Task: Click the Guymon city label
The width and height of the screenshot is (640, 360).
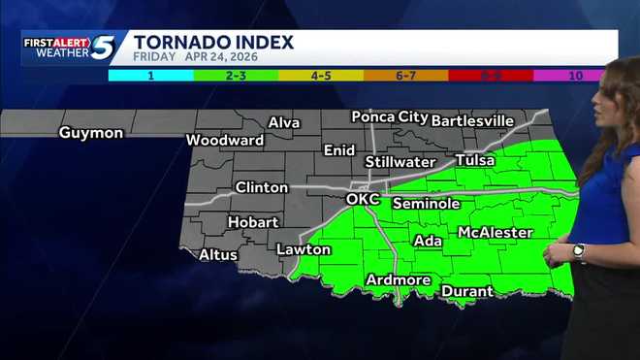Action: click(x=91, y=133)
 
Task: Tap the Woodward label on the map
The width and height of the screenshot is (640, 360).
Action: click(x=225, y=140)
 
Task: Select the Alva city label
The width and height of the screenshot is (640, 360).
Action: click(x=284, y=123)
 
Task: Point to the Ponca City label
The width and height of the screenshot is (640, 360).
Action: click(x=390, y=116)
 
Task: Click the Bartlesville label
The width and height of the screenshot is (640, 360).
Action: click(x=472, y=120)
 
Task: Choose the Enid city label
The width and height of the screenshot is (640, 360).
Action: click(x=339, y=150)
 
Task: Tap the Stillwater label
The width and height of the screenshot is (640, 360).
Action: click(x=400, y=161)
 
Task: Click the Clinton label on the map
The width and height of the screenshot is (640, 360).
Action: click(x=262, y=187)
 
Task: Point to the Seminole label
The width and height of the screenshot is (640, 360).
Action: click(x=426, y=204)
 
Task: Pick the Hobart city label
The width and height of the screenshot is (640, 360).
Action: click(x=253, y=222)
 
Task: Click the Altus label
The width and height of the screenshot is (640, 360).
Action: click(x=218, y=255)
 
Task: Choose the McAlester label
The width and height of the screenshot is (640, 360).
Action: click(x=495, y=233)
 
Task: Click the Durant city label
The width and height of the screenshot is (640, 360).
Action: click(x=467, y=290)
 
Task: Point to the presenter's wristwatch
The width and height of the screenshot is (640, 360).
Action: click(x=579, y=251)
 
